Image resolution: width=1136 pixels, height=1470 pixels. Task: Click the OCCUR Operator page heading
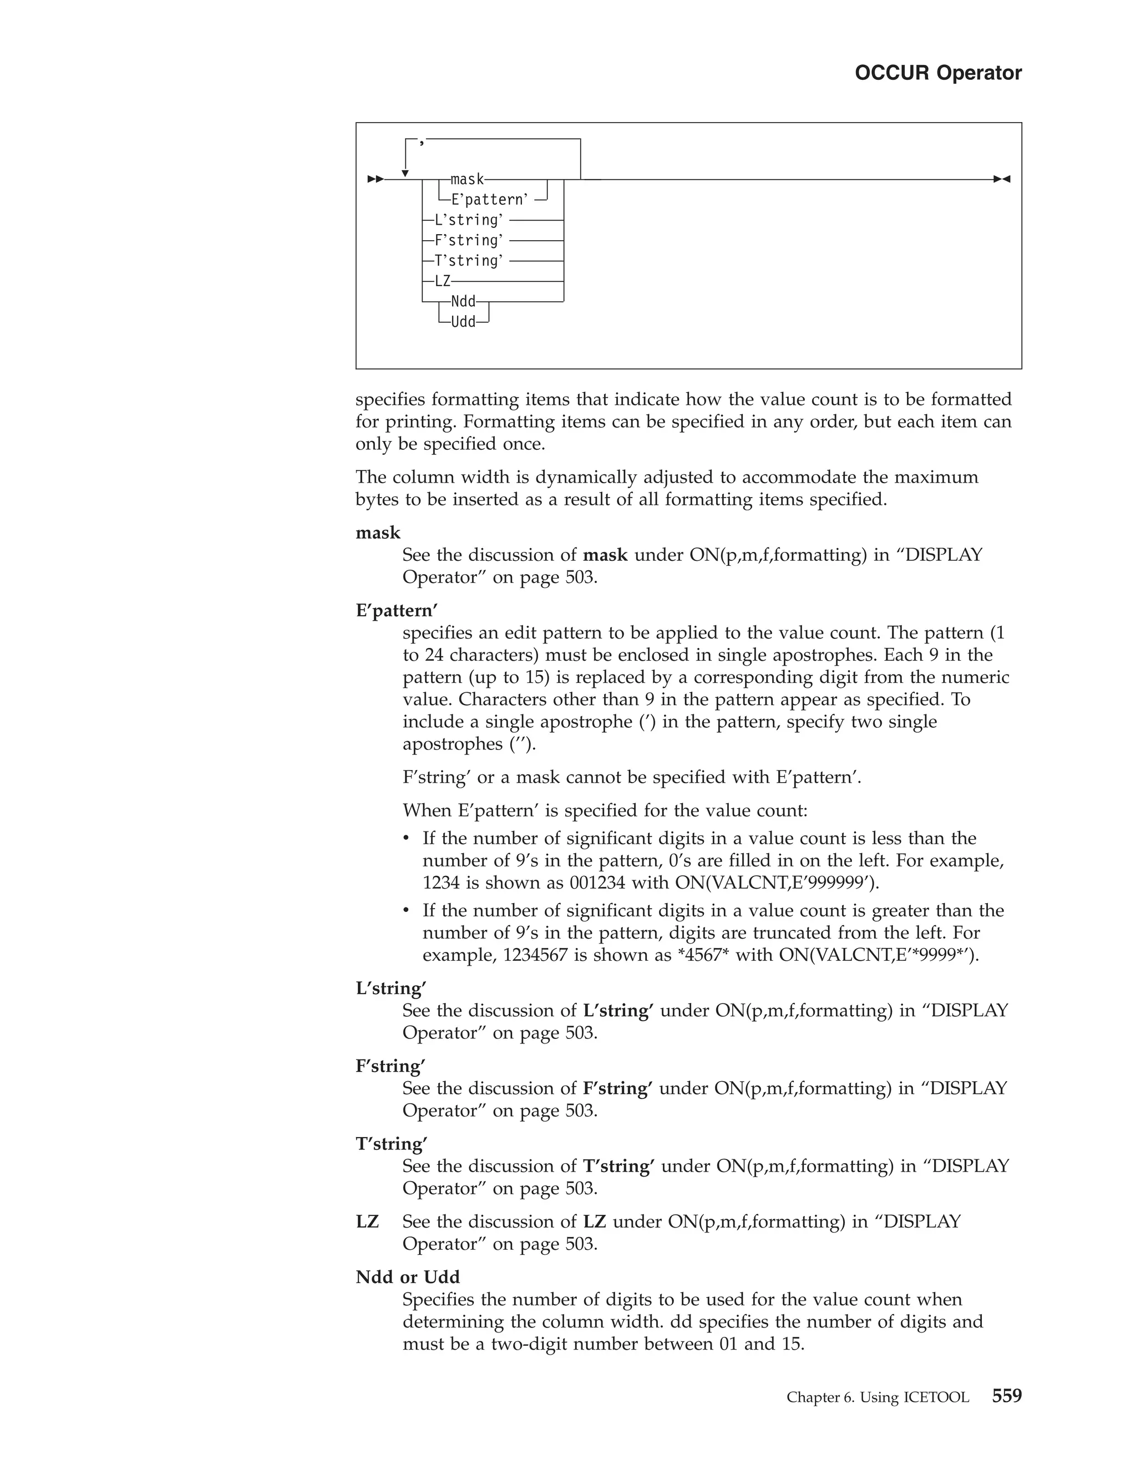pos(937,73)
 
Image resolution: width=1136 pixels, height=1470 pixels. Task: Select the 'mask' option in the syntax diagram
pos(467,180)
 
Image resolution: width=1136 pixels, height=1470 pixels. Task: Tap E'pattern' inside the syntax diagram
pos(489,200)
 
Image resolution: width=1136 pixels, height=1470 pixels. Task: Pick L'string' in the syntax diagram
pos(469,220)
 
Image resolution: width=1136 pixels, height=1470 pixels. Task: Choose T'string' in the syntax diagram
pos(469,261)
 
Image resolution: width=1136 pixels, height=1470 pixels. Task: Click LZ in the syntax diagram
pos(442,281)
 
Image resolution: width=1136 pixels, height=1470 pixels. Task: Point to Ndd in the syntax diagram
pos(463,302)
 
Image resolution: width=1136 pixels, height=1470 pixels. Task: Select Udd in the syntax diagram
pos(463,322)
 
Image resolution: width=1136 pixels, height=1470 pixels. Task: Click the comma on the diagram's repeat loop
pos(422,141)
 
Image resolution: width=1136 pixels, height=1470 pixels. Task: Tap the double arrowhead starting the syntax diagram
pos(376,180)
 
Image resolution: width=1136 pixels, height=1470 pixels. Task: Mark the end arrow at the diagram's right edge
pos(1002,180)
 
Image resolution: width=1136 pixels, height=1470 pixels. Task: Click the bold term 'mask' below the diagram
pos(378,533)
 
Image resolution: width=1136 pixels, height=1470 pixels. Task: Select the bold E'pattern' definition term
pos(397,611)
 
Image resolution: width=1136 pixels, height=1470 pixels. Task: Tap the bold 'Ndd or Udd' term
pos(408,1277)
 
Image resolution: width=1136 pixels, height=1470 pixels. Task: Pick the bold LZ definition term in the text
pos(367,1221)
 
